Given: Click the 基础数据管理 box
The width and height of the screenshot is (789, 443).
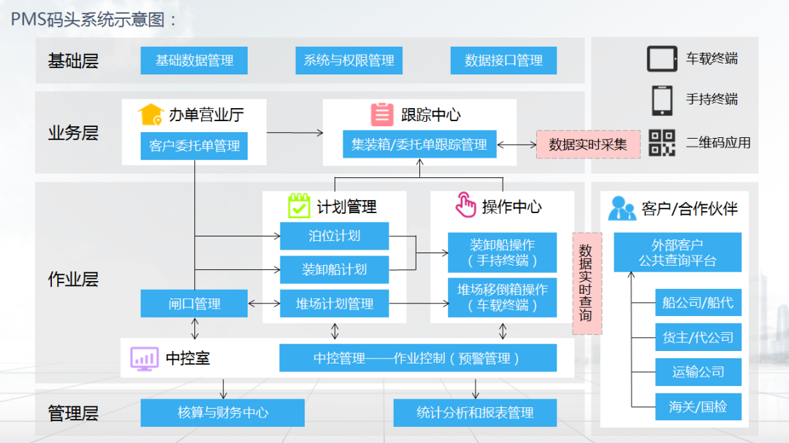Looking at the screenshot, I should [x=194, y=61].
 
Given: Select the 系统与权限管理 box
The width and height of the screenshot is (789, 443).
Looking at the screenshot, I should [x=348, y=61].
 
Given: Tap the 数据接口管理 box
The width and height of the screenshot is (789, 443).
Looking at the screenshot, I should [x=503, y=61].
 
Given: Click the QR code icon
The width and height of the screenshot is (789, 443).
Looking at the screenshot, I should [x=662, y=142].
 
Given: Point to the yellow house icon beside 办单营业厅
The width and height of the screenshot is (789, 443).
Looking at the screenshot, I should [x=150, y=115].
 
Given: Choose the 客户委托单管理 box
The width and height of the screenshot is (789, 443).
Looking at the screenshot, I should [x=194, y=146].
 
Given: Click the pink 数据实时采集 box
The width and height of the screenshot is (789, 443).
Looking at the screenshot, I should [x=588, y=145].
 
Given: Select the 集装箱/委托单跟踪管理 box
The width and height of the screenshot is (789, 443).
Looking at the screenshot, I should [x=419, y=145].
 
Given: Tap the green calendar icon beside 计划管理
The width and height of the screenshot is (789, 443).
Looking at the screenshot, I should [x=299, y=206].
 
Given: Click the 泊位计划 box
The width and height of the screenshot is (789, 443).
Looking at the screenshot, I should [x=335, y=236].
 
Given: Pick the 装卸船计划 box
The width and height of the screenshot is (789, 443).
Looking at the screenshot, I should [x=335, y=269].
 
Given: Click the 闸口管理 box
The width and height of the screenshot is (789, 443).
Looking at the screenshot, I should [x=194, y=304].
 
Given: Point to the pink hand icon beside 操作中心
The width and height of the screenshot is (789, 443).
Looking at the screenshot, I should [x=465, y=206].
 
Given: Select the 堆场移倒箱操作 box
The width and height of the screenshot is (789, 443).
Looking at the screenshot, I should [x=503, y=297].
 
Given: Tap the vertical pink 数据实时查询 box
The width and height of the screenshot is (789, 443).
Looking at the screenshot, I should [x=587, y=283].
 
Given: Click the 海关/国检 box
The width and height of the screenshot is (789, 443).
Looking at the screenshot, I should [x=698, y=407].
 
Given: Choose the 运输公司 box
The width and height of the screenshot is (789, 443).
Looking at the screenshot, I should [x=698, y=371].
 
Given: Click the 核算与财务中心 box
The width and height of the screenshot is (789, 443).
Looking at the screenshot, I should [x=223, y=412].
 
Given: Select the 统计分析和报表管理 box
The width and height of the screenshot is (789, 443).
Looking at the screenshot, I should [x=475, y=412].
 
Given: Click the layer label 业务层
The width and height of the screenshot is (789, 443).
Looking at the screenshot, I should [x=73, y=133].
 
